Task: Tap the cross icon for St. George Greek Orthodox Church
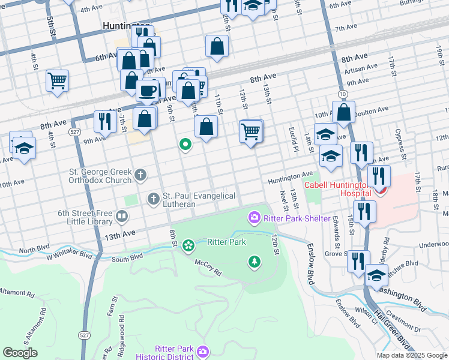point(140,175)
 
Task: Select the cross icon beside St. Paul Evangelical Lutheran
point(154,198)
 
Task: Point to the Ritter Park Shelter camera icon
point(255,217)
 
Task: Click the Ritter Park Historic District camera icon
point(203,350)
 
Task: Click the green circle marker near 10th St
point(186,144)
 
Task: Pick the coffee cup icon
point(147,91)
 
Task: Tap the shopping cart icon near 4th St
point(57,80)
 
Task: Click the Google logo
point(20,353)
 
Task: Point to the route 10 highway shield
point(342,94)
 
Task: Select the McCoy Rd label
point(208,264)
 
